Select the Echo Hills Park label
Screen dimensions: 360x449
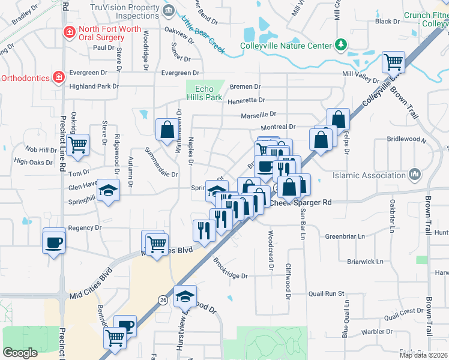(204, 93)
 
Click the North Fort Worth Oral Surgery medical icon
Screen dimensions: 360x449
(70, 31)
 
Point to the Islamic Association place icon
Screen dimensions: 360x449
(414, 175)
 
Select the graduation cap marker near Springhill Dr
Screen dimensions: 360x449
(109, 191)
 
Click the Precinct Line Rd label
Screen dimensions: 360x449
(64, 138)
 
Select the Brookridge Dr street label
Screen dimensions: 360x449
(231, 268)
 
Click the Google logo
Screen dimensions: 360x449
(20, 353)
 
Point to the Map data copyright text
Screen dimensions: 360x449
(423, 355)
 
